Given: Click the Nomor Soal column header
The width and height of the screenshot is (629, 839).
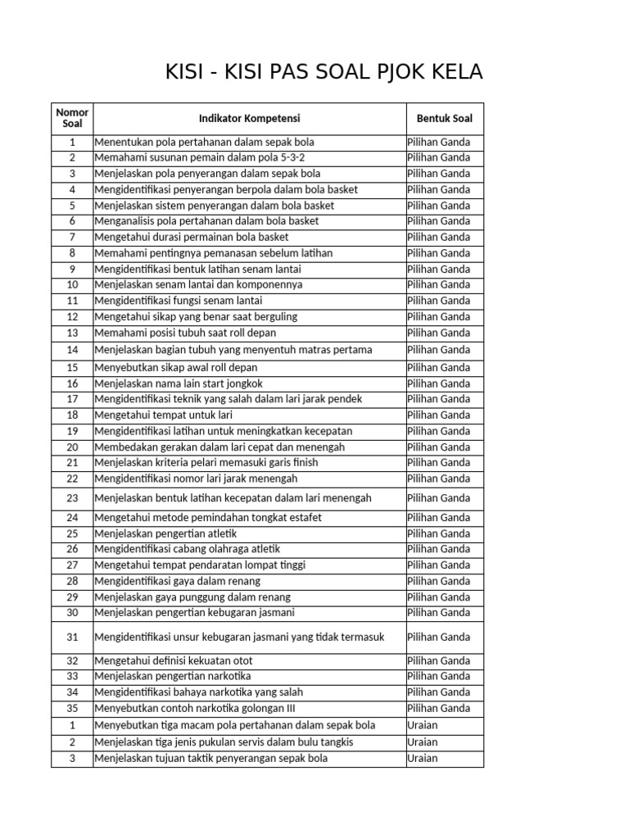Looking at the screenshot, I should pyautogui.click(x=72, y=118).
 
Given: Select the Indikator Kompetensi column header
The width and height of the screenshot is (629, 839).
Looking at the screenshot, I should pyautogui.click(x=249, y=118).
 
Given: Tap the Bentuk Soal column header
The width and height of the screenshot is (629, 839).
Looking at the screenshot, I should pyautogui.click(x=445, y=118).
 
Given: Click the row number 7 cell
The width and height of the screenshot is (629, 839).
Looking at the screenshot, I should pyautogui.click(x=72, y=237).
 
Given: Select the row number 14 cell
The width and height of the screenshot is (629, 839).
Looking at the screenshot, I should pyautogui.click(x=72, y=350).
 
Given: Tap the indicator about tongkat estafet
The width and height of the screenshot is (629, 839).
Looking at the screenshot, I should pyautogui.click(x=208, y=517).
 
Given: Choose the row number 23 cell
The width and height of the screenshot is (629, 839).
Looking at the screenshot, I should pyautogui.click(x=72, y=497).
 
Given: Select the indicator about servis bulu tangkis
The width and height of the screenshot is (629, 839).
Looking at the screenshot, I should pyautogui.click(x=224, y=741).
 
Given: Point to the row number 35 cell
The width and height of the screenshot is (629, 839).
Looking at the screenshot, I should pyautogui.click(x=72, y=708).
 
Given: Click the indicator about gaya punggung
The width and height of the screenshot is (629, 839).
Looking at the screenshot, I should pyautogui.click(x=192, y=596).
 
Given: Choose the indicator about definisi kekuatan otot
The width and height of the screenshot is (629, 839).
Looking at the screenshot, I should pyautogui.click(x=174, y=660).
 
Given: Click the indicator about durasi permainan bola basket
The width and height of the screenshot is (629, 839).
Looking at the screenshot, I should pyautogui.click(x=192, y=237).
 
